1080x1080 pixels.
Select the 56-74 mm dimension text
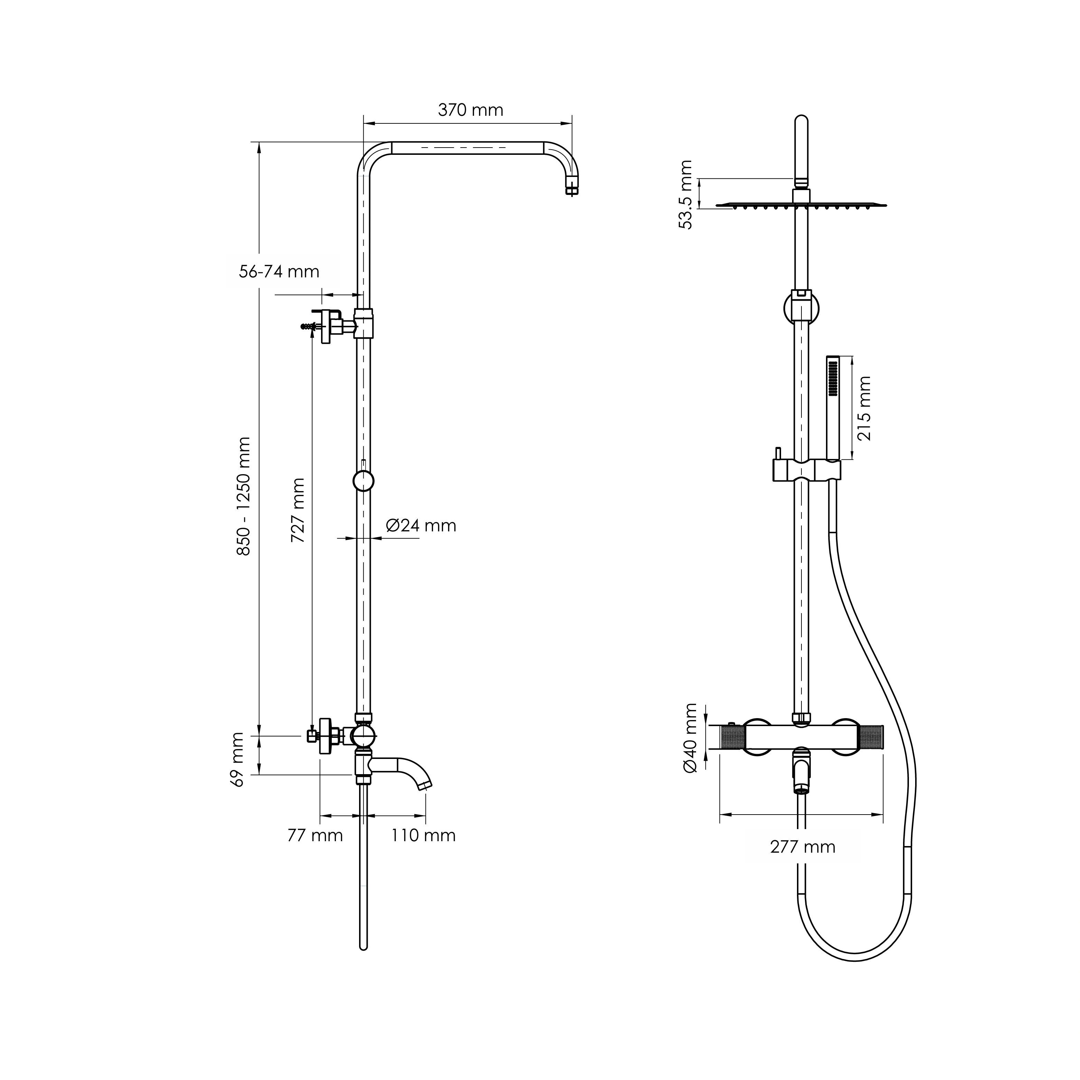coord(279,272)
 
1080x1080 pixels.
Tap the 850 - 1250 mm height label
coord(244,496)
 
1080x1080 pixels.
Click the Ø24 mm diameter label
coord(421,525)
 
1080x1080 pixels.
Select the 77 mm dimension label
coord(315,835)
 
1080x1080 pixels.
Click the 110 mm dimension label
coord(423,835)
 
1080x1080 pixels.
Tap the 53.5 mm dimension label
coord(685,195)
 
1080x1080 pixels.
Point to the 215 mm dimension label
coord(864,408)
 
